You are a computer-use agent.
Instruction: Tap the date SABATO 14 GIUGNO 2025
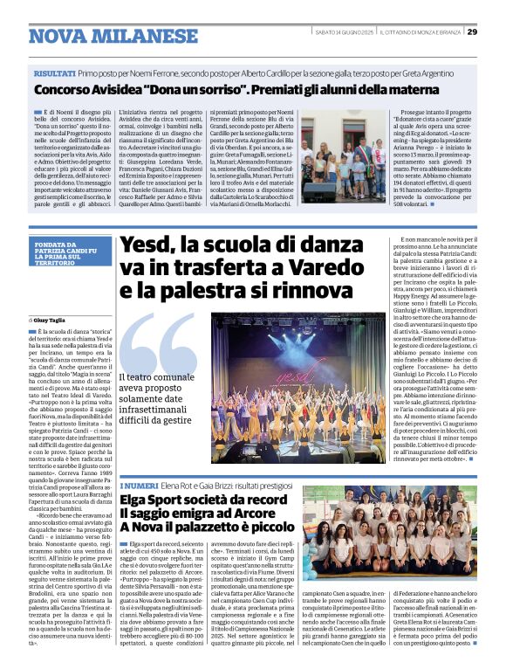click(x=344, y=32)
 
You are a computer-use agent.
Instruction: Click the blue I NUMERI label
click(x=137, y=485)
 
